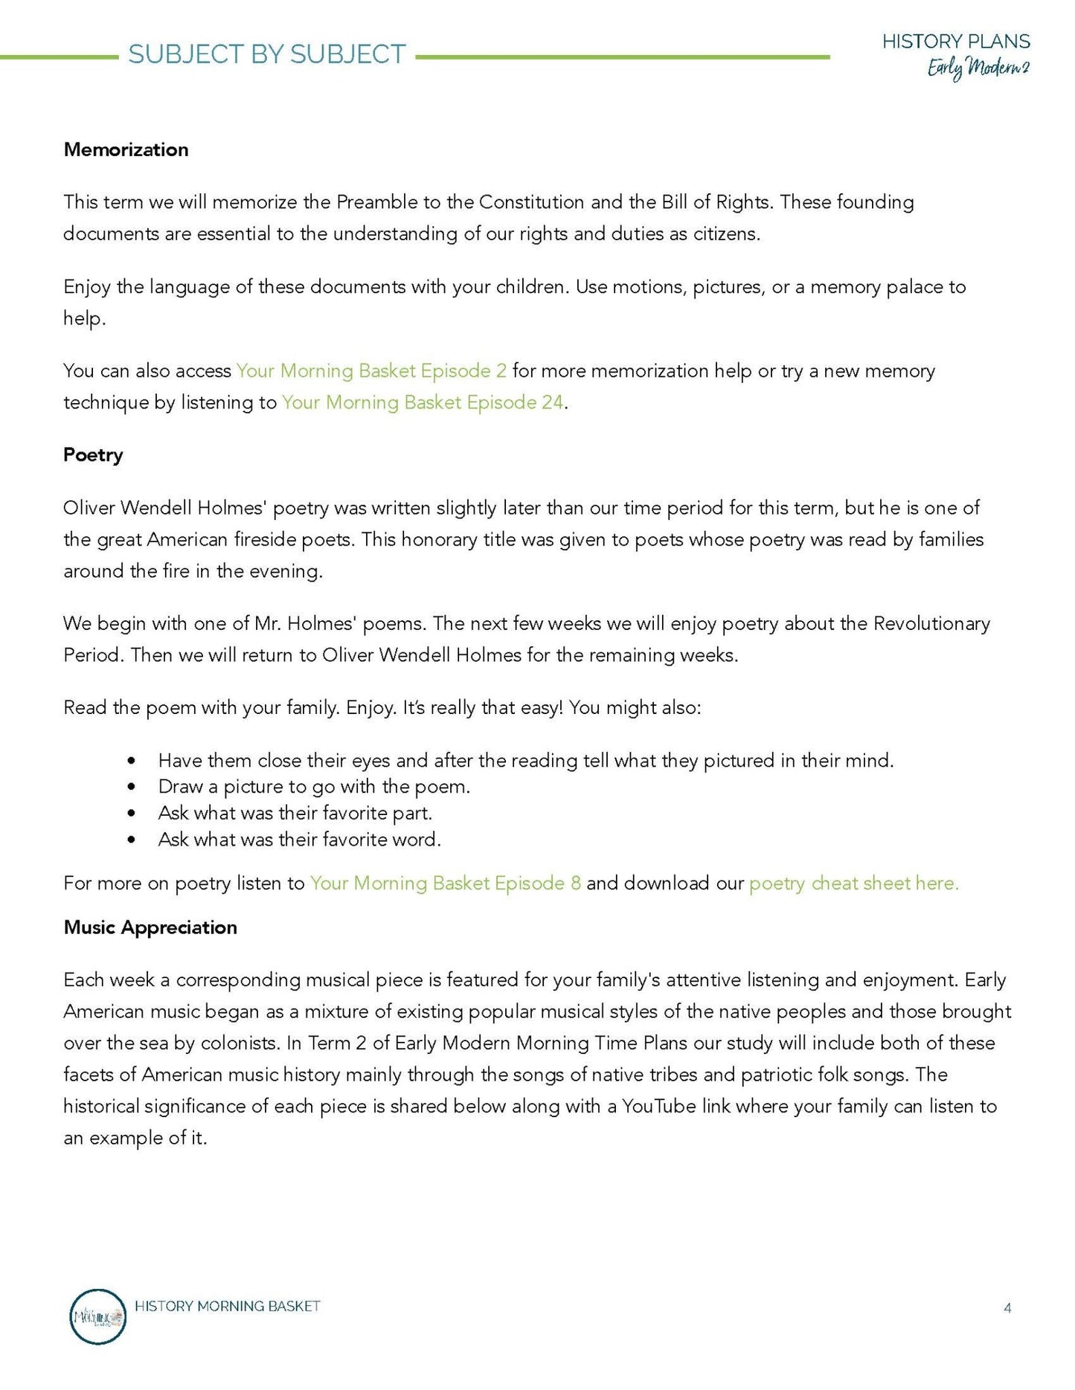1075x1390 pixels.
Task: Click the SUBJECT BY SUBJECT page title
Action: click(x=266, y=54)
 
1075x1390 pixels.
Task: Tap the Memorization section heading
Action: click(x=126, y=149)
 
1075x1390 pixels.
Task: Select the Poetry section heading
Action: click(x=93, y=454)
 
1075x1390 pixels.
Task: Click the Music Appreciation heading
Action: click(x=150, y=927)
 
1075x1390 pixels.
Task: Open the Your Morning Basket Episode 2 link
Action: click(x=371, y=370)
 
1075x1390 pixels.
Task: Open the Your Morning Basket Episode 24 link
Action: click(x=423, y=402)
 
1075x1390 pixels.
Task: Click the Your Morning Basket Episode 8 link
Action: click(x=445, y=883)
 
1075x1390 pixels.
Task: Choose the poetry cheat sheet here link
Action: click(x=853, y=883)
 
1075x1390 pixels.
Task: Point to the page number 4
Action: click(x=1007, y=1307)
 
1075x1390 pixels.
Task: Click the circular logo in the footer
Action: click(x=97, y=1316)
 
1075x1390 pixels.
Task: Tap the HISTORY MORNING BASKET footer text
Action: click(x=228, y=1306)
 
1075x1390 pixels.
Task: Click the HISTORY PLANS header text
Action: click(x=956, y=42)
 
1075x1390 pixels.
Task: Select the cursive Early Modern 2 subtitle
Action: click(x=978, y=68)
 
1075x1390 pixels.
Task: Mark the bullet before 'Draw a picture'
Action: click(x=132, y=787)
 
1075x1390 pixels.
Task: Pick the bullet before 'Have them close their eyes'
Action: click(x=132, y=761)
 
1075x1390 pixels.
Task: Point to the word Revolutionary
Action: click(x=931, y=623)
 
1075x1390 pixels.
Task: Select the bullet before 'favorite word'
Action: click(x=132, y=840)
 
